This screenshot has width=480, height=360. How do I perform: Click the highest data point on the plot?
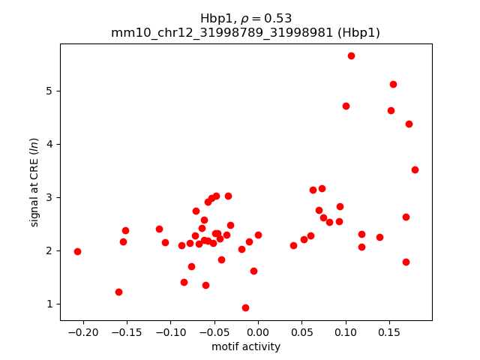point(351,55)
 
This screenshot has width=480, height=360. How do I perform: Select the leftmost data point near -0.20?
point(77,251)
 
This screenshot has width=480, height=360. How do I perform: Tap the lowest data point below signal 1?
point(245,307)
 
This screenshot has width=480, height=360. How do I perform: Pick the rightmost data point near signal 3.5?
point(415,169)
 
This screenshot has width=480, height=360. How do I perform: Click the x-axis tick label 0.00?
point(258,331)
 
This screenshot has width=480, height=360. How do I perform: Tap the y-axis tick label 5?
point(51,91)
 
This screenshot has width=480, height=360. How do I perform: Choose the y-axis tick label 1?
point(51,304)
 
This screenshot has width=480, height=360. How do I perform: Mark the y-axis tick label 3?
point(51,197)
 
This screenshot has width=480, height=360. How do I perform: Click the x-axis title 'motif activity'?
point(246,346)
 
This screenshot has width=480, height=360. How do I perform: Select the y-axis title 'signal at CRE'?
point(34,182)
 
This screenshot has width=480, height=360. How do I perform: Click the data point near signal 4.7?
point(346,106)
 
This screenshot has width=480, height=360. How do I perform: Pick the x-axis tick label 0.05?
point(301,331)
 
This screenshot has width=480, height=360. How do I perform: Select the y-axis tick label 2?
point(51,250)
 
